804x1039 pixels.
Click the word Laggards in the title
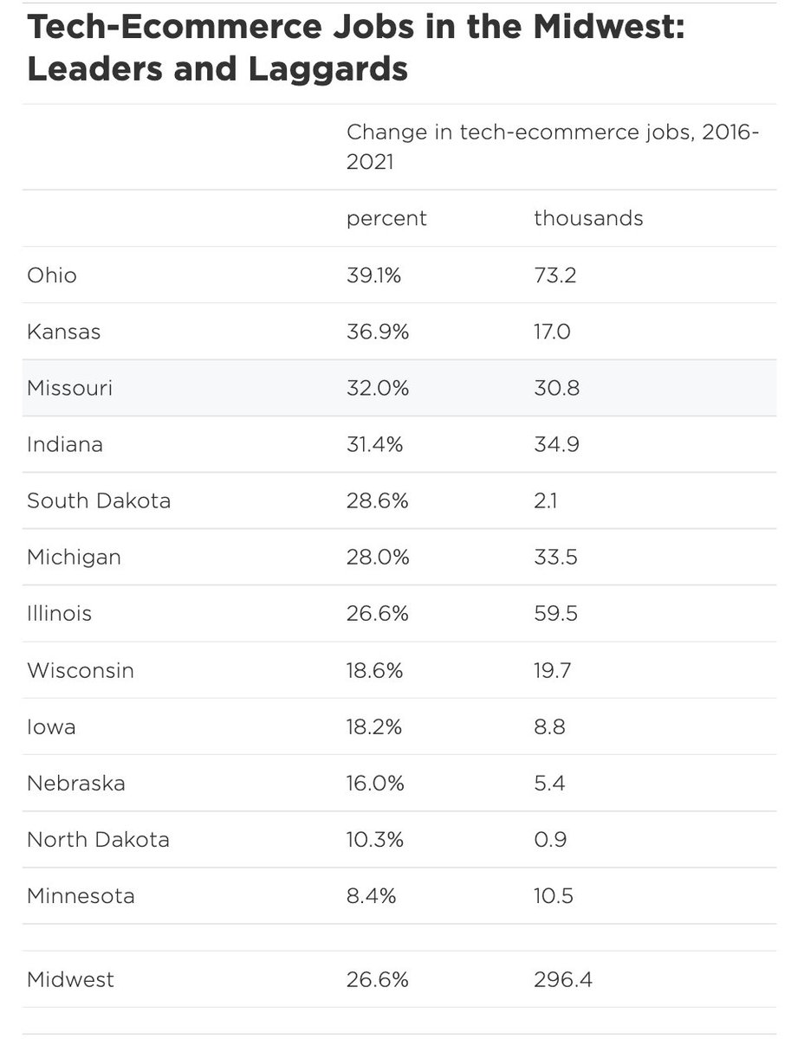[327, 70]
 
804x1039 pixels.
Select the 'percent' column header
[386, 219]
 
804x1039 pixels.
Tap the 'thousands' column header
[588, 218]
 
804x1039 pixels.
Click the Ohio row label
[52, 275]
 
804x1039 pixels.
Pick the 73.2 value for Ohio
[554, 275]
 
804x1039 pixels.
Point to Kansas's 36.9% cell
[378, 332]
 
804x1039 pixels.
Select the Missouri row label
[70, 387]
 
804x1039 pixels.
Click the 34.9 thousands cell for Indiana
[556, 444]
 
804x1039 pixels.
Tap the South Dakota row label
[99, 500]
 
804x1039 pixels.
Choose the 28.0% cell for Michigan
[378, 557]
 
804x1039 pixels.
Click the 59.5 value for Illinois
[555, 614]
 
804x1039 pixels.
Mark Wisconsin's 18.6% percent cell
[374, 670]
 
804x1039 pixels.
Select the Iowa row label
[51, 726]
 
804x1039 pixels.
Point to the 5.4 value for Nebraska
[549, 784]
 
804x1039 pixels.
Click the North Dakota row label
[99, 840]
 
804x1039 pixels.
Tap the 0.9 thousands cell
[550, 840]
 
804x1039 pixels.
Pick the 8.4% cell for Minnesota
[371, 896]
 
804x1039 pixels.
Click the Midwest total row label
[71, 980]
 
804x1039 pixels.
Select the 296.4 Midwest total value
[563, 980]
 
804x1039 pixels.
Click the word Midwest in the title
[609, 27]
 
